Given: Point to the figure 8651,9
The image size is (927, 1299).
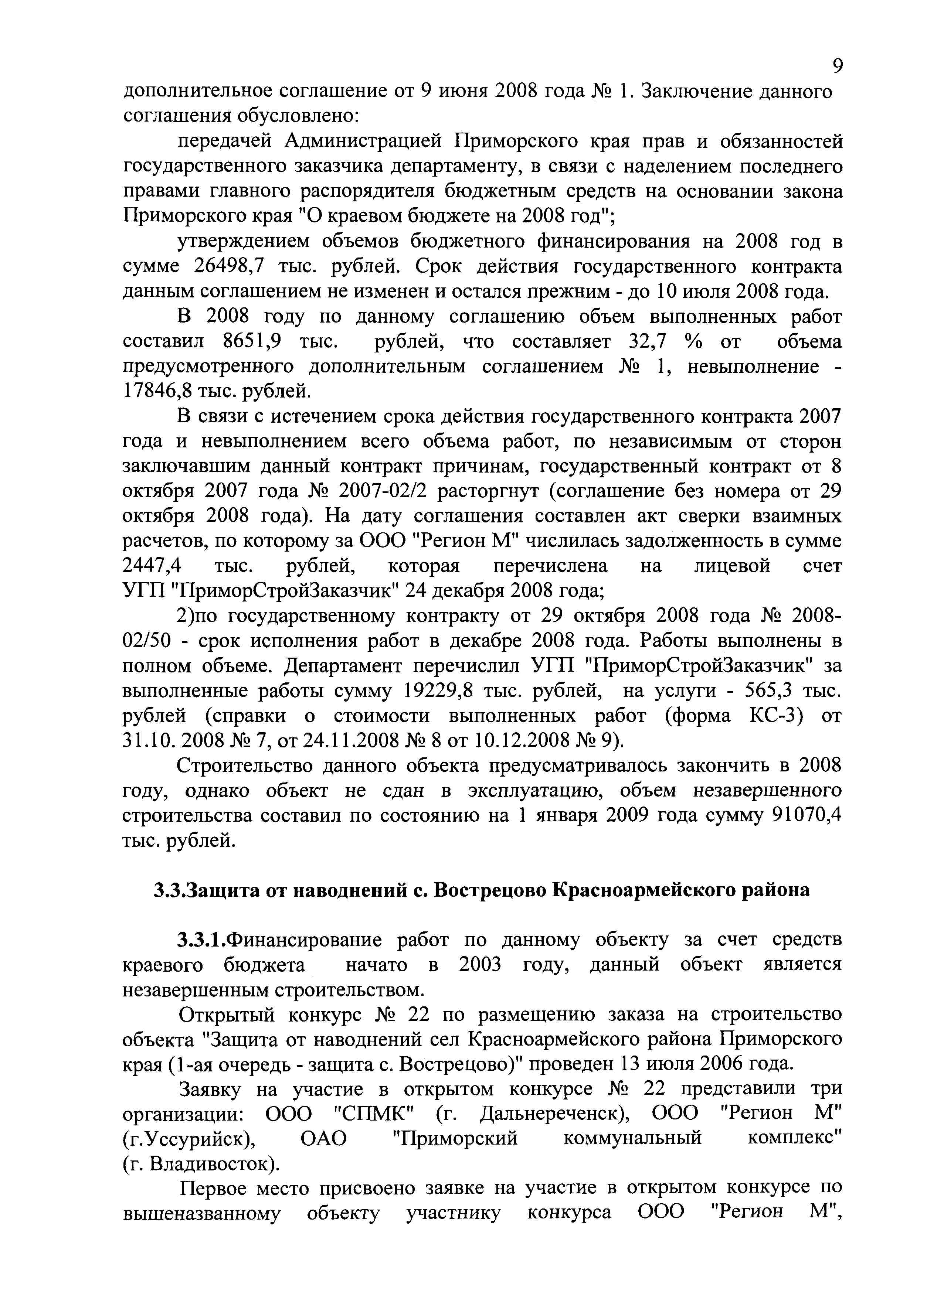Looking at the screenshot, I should pyautogui.click(x=251, y=342).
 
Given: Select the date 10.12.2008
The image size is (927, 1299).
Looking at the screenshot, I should pyautogui.click(x=519, y=740).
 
